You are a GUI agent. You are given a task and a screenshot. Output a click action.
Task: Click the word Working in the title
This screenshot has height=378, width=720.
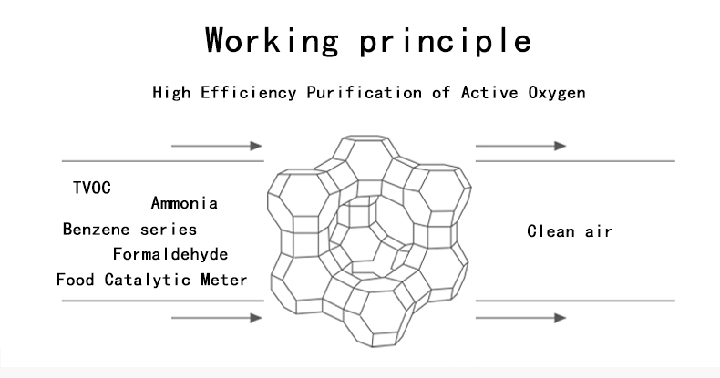pos(272,41)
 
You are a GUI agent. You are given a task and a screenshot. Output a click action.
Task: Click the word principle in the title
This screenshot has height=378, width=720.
pos(446,41)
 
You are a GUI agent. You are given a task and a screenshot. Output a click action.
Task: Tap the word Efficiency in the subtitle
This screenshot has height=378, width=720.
pos(249,93)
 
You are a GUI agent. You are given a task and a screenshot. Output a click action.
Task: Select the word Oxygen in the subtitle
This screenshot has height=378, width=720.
pos(557,93)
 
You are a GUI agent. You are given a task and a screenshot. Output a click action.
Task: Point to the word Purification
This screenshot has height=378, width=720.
pos(364,93)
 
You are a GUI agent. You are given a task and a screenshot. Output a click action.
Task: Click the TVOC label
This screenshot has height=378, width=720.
pos(92,188)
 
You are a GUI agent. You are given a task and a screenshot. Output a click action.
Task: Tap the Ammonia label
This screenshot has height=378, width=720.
pos(184,203)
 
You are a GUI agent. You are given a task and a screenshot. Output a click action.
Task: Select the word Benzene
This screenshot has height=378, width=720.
pos(96,229)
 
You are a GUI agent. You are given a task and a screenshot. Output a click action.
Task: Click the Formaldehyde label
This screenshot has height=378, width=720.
pos(170,254)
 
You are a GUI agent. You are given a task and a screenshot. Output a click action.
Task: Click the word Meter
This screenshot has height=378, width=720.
pos(223,280)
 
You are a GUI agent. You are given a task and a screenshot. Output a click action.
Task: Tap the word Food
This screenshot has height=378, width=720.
pos(75,280)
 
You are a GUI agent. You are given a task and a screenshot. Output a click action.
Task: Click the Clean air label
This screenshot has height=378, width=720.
pos(570,230)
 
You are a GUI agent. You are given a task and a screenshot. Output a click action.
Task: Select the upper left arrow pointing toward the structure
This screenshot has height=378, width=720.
pos(217,146)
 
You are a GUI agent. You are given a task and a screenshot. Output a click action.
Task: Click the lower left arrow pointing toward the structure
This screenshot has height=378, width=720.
pos(217,318)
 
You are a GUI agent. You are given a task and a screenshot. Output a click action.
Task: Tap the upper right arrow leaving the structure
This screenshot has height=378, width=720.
pos(520,146)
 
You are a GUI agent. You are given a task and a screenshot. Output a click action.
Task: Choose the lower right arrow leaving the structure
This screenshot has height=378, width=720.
pos(520,318)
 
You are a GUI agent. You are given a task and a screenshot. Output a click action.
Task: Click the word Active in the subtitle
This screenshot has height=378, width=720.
pos(489,93)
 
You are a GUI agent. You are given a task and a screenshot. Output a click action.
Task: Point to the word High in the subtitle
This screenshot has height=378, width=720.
pos(171,93)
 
